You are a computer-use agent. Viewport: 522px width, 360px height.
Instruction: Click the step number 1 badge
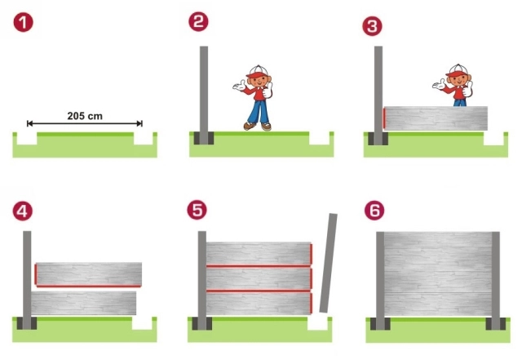24,22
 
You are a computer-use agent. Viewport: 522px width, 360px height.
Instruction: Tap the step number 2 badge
198,22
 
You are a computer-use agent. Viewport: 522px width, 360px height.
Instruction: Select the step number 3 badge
372,26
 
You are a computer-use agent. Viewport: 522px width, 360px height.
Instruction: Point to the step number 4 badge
23,211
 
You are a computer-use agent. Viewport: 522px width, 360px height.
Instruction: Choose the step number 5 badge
197,210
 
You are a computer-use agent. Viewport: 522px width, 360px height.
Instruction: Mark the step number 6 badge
374,211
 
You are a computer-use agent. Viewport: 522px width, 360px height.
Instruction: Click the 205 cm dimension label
85,116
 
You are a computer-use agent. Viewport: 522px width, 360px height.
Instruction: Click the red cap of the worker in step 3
457,71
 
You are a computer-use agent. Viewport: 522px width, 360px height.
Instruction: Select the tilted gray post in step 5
328,263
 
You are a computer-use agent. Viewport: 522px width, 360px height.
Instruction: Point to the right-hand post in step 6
496,281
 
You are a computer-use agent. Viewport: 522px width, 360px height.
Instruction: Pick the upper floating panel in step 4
89,274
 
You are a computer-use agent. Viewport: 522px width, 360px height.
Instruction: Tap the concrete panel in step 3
436,118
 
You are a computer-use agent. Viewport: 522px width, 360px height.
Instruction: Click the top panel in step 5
259,254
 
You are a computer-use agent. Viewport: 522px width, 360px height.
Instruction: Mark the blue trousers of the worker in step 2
259,111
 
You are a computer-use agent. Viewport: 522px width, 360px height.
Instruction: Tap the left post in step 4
27,280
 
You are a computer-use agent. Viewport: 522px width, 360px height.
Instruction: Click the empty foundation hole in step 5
317,323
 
